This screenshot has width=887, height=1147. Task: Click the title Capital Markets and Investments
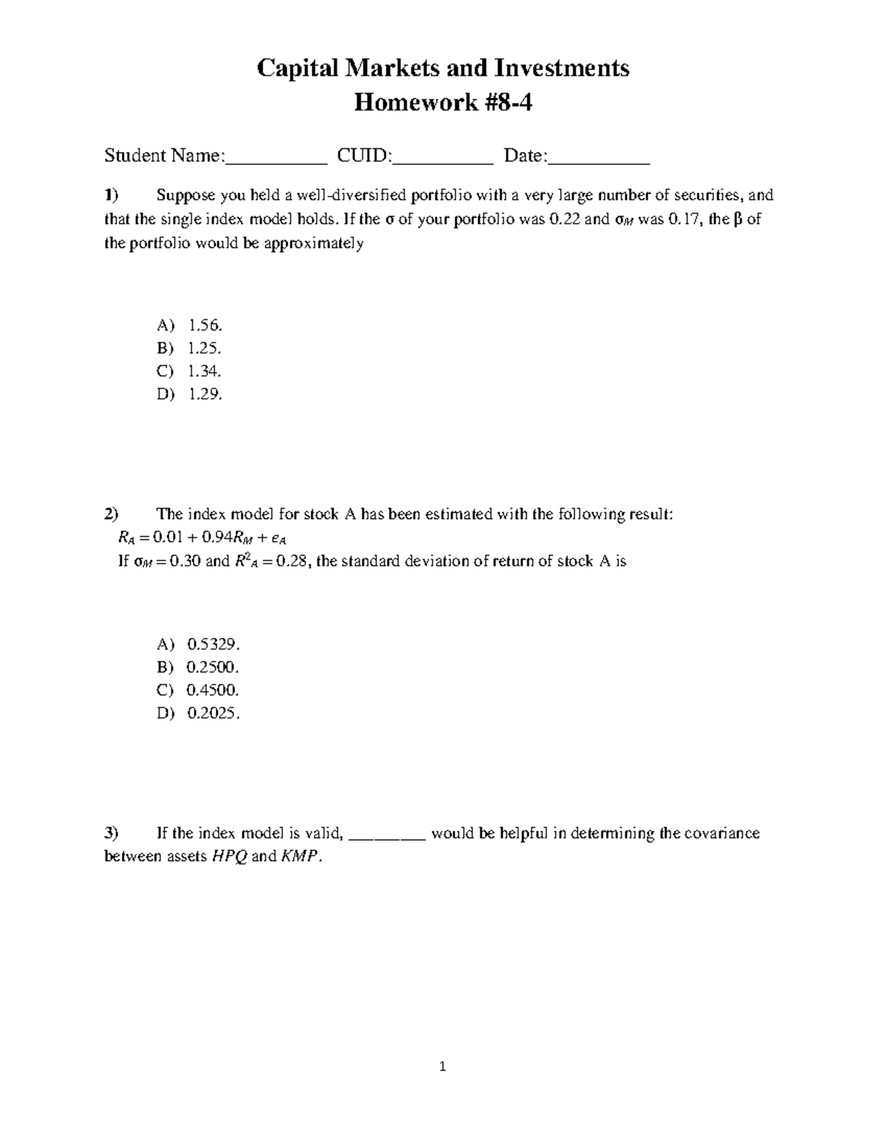(x=443, y=68)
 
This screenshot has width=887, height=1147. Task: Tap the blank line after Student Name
(x=276, y=159)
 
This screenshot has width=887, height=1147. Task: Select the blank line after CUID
(x=443, y=159)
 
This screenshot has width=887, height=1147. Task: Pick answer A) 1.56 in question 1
(x=189, y=325)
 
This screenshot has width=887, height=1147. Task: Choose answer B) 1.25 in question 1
(x=189, y=348)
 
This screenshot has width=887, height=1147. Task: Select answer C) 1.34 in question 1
(x=189, y=371)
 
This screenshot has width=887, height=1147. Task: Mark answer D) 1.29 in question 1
(x=189, y=394)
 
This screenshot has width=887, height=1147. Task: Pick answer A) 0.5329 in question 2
(x=198, y=644)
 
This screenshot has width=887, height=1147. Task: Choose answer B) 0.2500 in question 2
(x=198, y=667)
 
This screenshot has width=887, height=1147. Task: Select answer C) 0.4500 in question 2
(x=198, y=690)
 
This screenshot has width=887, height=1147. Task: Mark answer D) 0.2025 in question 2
(x=198, y=713)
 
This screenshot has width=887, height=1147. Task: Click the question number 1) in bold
(x=111, y=196)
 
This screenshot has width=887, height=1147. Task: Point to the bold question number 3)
(x=111, y=833)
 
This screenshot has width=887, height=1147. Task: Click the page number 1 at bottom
(x=443, y=1066)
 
